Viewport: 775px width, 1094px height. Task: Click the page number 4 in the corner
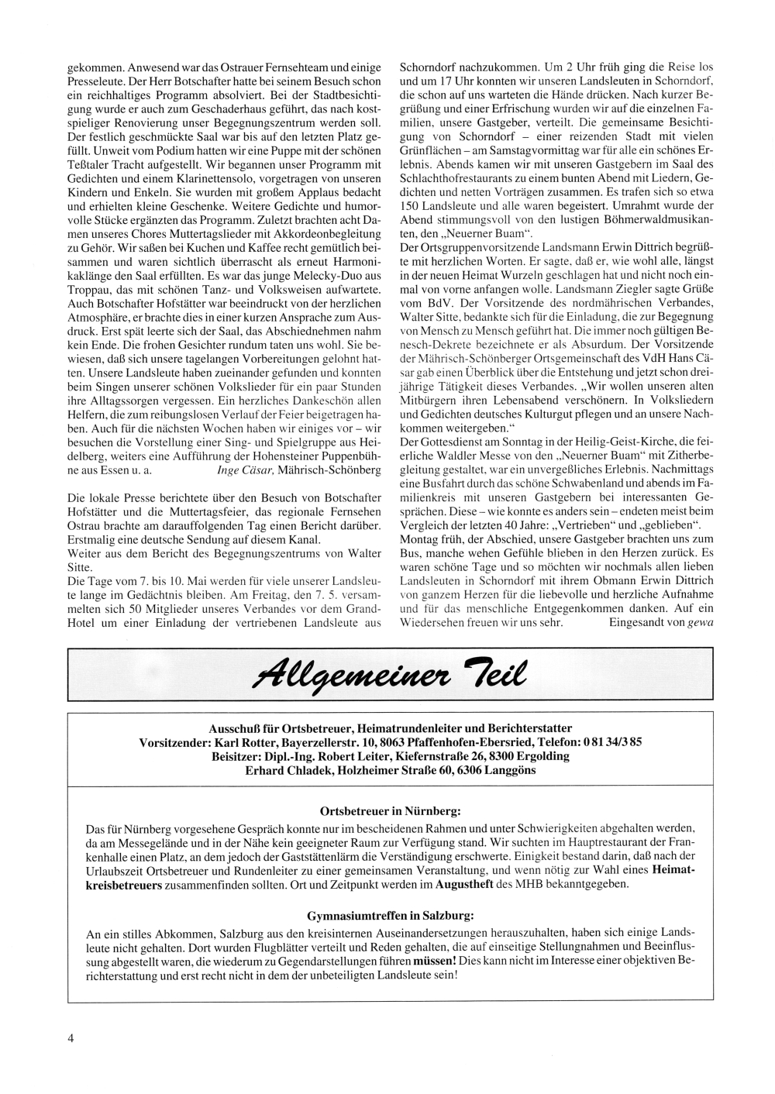click(71, 1040)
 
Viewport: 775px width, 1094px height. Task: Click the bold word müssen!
click(435, 960)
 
